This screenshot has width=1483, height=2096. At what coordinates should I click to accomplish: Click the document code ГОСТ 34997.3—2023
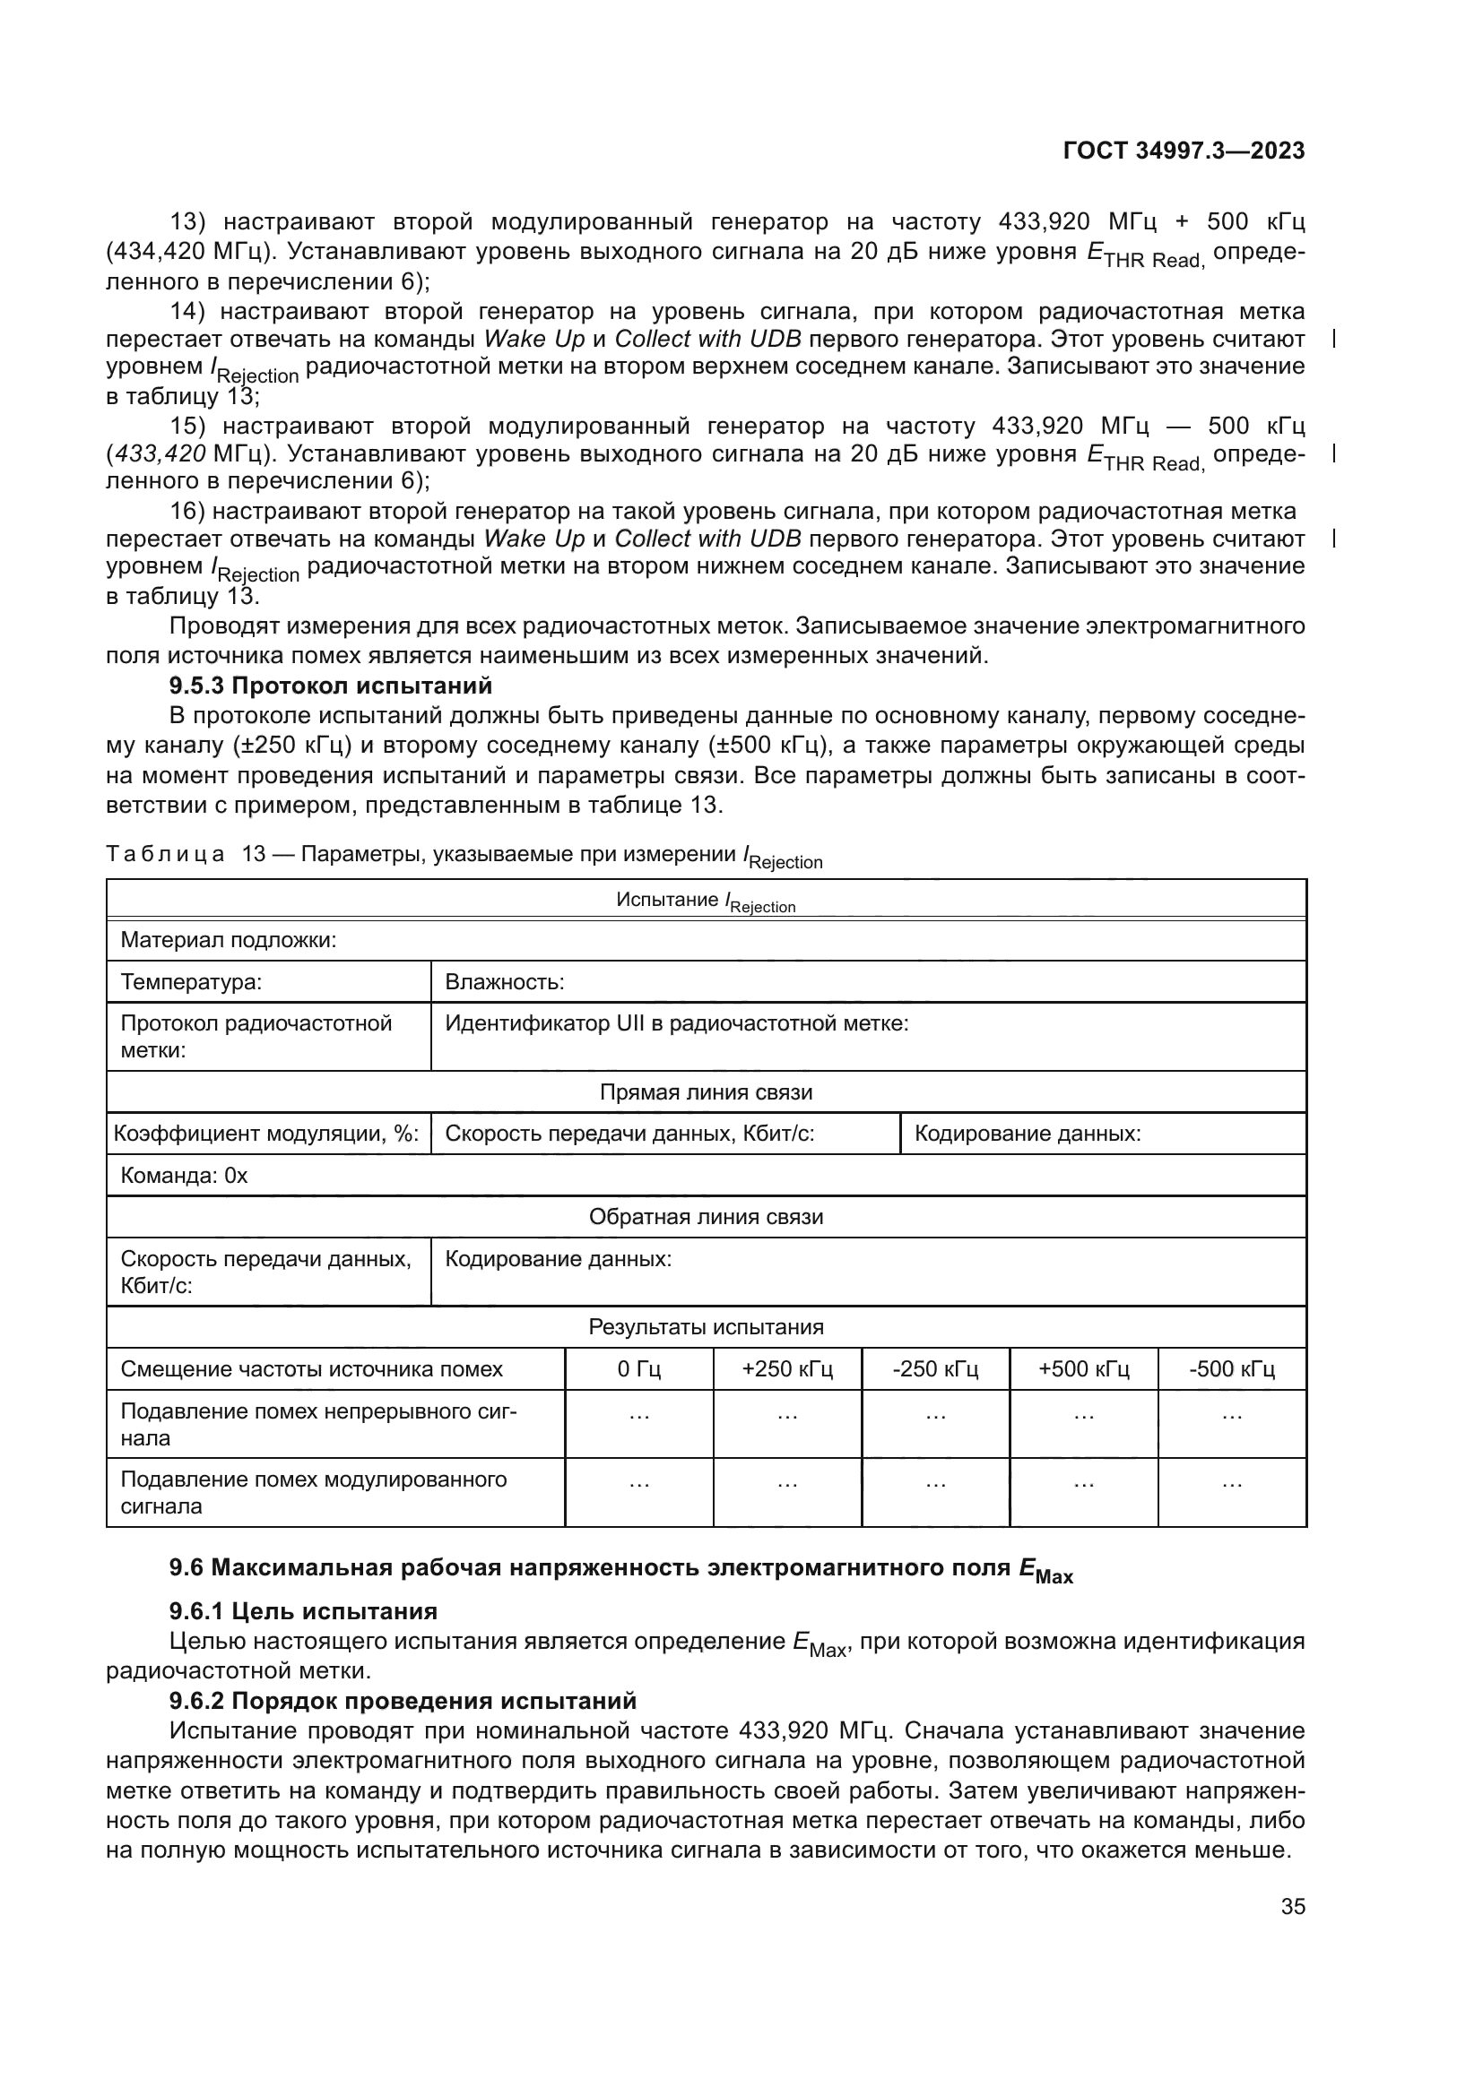[x=1184, y=151]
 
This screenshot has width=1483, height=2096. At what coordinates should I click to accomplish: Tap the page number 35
[x=1292, y=1907]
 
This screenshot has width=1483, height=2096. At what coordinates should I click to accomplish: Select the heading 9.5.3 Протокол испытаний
[x=331, y=686]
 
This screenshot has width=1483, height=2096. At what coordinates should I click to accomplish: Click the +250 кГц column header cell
[x=786, y=1369]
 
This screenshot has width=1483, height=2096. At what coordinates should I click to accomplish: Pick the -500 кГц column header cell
[x=1231, y=1369]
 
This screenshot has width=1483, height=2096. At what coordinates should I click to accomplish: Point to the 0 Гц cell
[x=638, y=1369]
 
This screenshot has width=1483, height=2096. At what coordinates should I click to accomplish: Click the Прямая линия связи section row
[x=705, y=1092]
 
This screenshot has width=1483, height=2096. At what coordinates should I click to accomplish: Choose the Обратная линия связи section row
[x=705, y=1217]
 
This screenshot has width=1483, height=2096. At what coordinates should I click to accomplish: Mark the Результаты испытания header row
[x=705, y=1327]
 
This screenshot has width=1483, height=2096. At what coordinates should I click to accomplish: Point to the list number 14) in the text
[x=189, y=312]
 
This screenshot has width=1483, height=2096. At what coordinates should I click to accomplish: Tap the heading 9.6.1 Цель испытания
[x=303, y=1611]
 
